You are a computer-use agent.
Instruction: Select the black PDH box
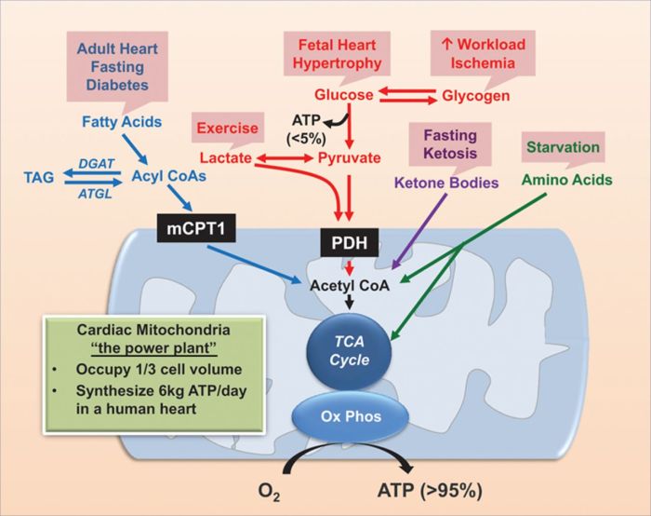pyautogui.click(x=349, y=244)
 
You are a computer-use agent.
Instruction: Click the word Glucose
pyautogui.click(x=343, y=95)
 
